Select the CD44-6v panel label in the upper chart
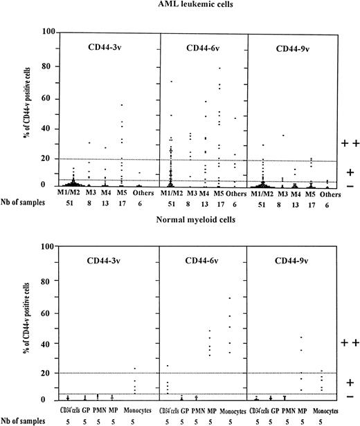pos(203,48)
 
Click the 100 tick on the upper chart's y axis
pos(46,33)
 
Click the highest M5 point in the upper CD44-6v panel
pos(220,68)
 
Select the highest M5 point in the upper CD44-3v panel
pos(122,104)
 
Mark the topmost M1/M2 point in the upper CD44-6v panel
pos(171,82)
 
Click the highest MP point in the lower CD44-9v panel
pos(301,337)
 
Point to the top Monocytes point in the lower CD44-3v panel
pos(135,368)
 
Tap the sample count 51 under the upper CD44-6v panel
pos(171,205)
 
